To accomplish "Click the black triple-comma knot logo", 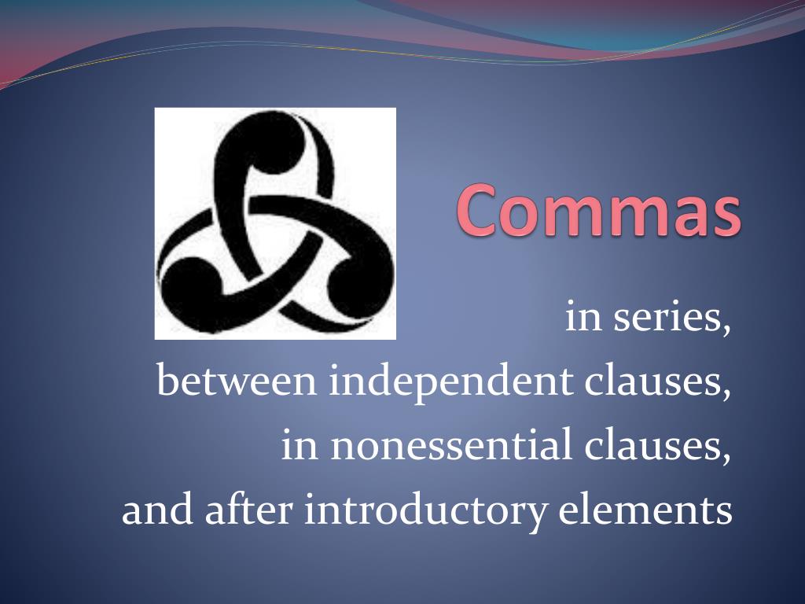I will (x=275, y=223).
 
